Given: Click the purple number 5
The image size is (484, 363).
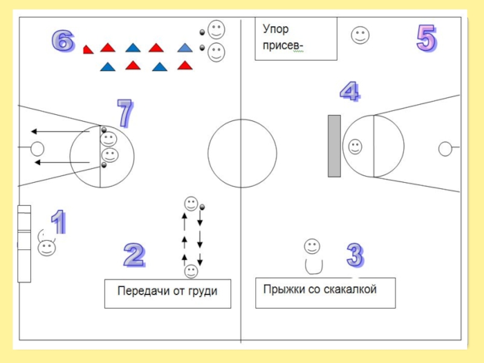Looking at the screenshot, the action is click(426, 39).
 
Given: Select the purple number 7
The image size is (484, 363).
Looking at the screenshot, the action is click(125, 113).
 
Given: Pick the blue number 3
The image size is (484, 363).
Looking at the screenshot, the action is click(355, 255).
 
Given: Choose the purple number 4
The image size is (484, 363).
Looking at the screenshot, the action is click(349, 91).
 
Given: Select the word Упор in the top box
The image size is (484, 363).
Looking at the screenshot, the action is click(276, 29).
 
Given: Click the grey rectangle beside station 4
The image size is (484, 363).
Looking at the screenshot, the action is click(334, 146).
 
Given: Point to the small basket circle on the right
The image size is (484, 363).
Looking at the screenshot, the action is click(445, 148).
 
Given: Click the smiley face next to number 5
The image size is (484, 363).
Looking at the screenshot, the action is click(361, 35).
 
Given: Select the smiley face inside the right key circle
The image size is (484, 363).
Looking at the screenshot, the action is click(355, 146).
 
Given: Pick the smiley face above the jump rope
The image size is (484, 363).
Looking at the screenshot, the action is click(312, 246).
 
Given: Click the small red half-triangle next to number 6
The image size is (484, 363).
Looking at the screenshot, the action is click(88, 50).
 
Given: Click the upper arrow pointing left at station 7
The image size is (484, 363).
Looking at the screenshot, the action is click(60, 131).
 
